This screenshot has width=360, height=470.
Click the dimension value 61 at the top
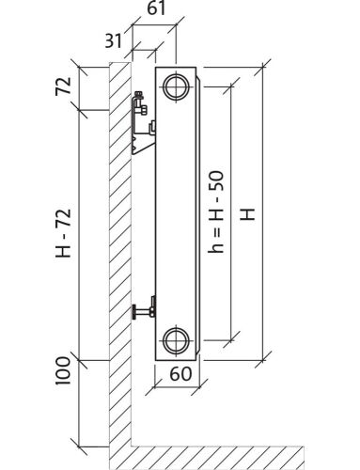click(x=156, y=8)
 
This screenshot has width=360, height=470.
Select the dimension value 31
click(x=113, y=40)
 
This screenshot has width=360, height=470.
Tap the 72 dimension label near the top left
click(x=63, y=86)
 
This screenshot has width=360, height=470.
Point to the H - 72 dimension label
click(x=64, y=233)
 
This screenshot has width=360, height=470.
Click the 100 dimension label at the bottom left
click(x=63, y=370)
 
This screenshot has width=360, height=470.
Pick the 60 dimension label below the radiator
click(x=180, y=373)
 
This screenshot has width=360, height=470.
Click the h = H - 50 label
click(x=216, y=211)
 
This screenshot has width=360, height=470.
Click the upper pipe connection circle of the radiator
click(x=176, y=86)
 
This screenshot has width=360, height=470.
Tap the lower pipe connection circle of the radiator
click(x=176, y=340)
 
